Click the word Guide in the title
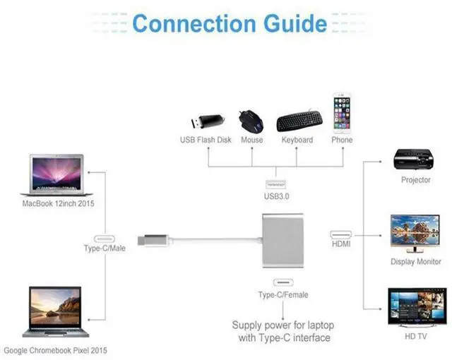(x=295, y=23)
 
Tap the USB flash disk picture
(x=208, y=121)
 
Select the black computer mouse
(x=251, y=121)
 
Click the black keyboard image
(x=299, y=121)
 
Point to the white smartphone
(x=342, y=113)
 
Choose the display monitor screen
(x=415, y=230)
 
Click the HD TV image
(x=417, y=307)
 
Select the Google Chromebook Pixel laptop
(x=55, y=311)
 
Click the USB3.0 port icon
(x=276, y=184)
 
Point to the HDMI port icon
(x=340, y=234)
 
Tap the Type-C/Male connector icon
(x=105, y=239)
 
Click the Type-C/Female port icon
(x=283, y=282)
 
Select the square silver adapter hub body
(x=282, y=241)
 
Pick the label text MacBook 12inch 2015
(x=58, y=203)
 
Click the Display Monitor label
(x=416, y=261)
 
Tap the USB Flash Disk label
(x=206, y=140)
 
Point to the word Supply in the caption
(x=247, y=325)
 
